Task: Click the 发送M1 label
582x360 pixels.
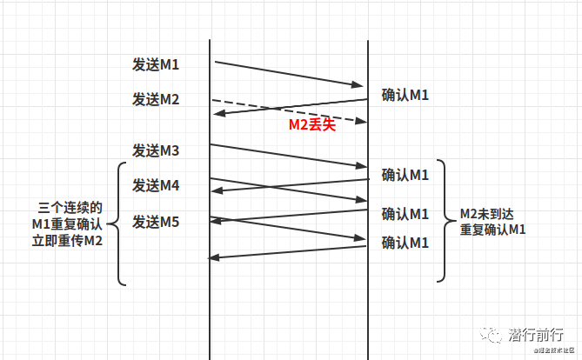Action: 156,64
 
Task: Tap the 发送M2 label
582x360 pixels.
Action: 156,99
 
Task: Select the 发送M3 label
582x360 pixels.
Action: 156,150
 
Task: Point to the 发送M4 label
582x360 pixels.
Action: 156,185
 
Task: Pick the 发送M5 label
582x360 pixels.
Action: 156,223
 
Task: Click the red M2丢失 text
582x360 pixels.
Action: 312,124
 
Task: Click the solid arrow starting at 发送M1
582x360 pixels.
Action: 287,73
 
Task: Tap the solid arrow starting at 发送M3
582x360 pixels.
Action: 287,155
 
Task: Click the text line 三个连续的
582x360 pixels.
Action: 71,209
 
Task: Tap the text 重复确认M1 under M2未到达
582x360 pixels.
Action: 492,230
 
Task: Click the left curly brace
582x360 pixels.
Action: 121,223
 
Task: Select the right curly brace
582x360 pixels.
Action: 443,221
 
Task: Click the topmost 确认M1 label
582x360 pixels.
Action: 405,95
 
